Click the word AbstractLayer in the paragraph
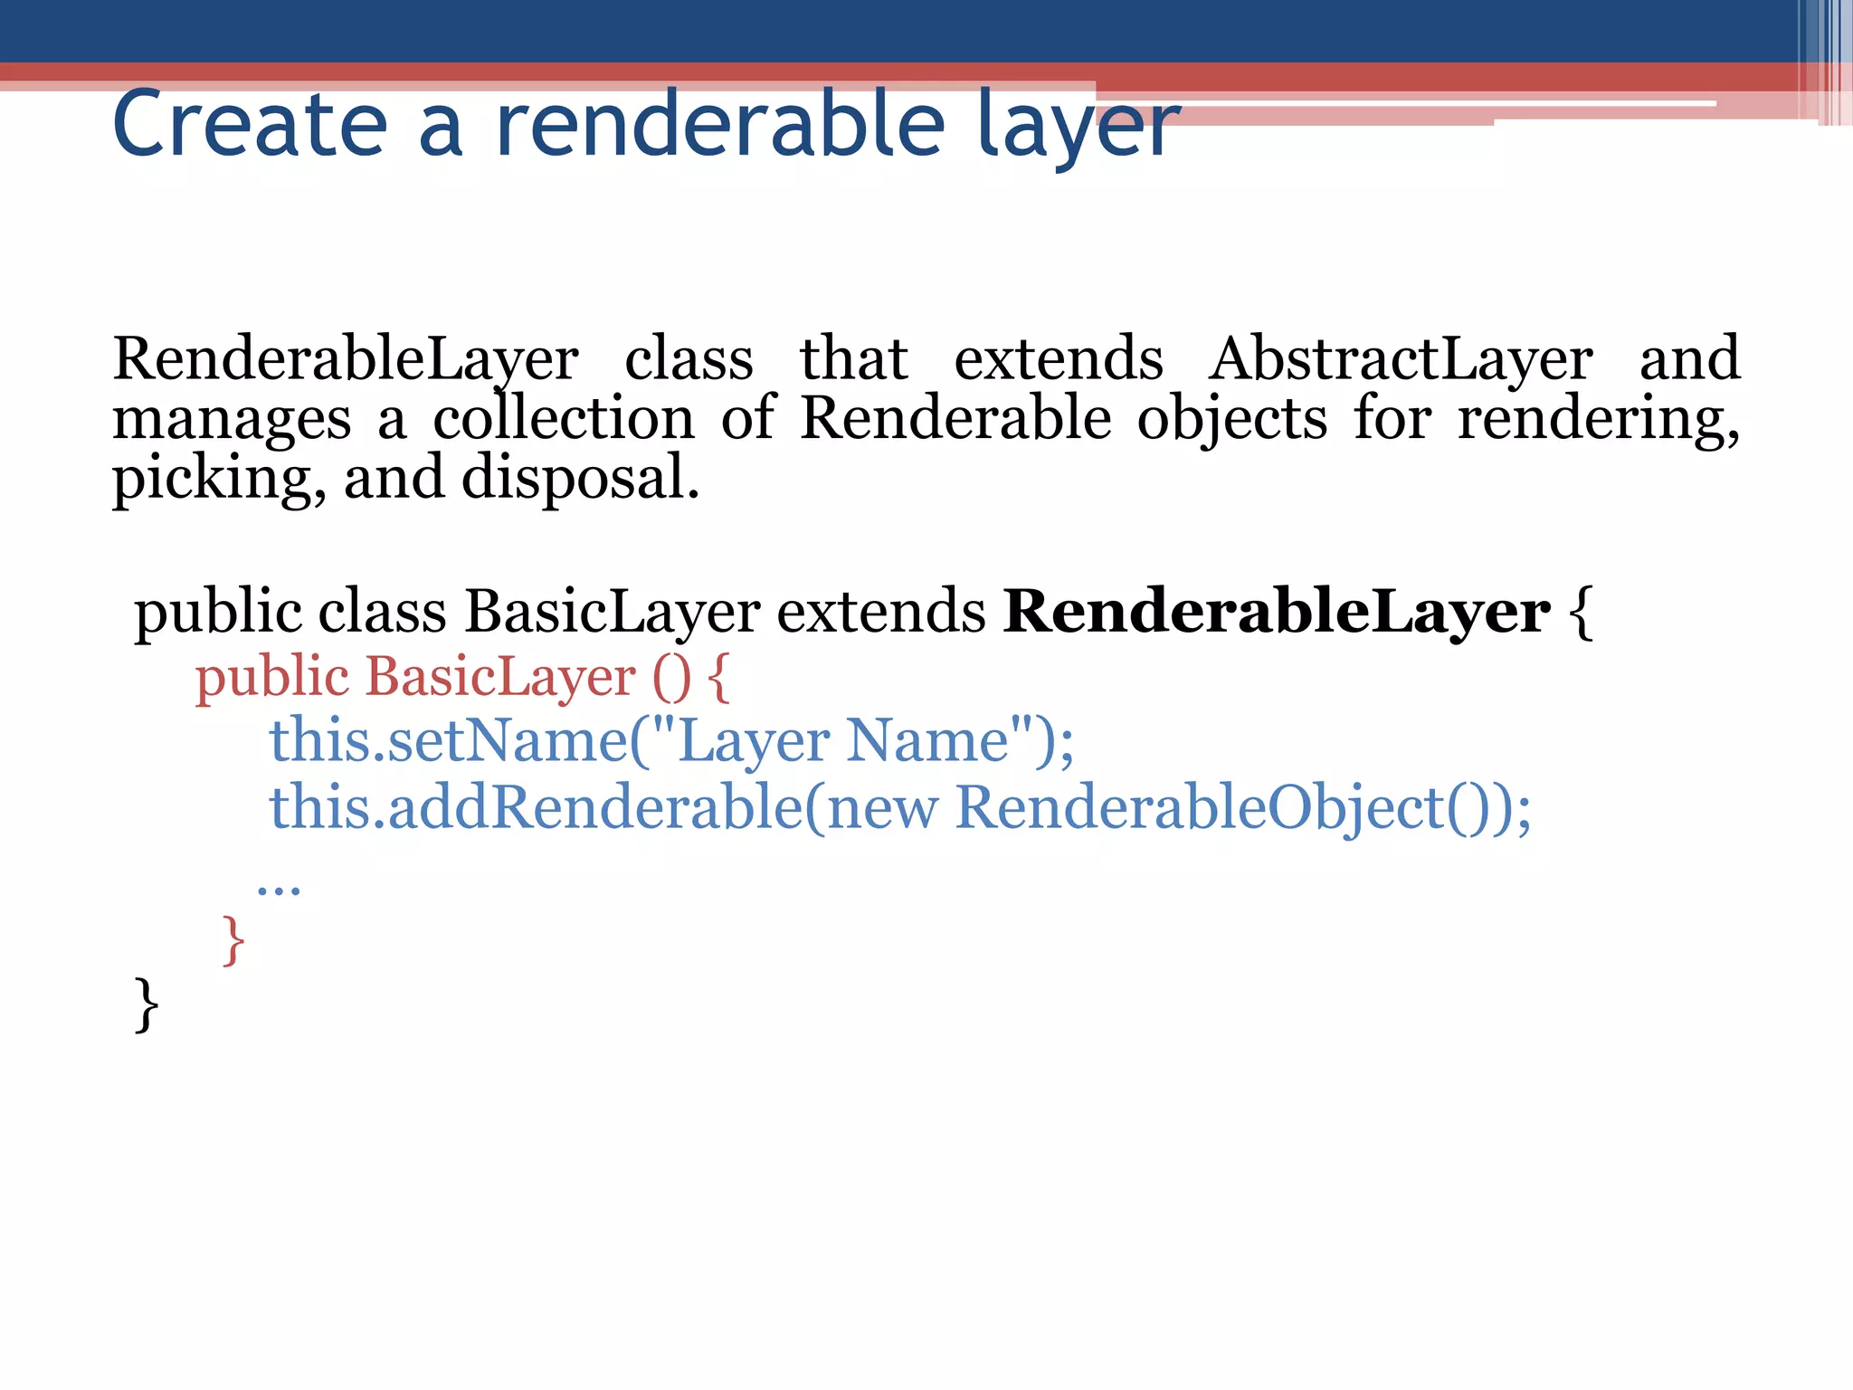[1401, 359]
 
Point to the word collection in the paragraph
[564, 418]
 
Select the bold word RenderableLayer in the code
[1277, 612]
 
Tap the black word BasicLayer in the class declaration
[612, 612]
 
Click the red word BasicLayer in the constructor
[500, 677]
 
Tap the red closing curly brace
[233, 940]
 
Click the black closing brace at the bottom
[146, 1004]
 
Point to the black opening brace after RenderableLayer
[1581, 612]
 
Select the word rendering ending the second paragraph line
[1598, 420]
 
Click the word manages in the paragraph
[232, 420]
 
